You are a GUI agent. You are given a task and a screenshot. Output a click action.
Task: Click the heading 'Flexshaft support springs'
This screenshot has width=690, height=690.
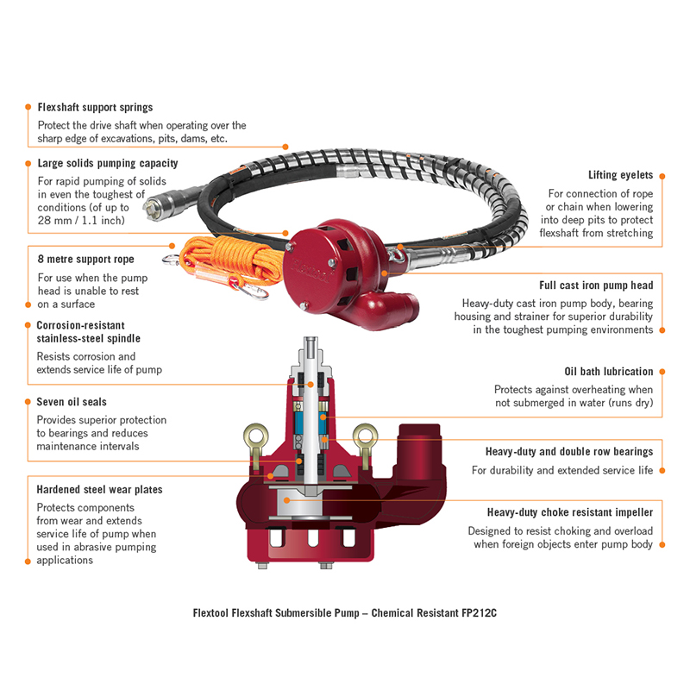pos(95,108)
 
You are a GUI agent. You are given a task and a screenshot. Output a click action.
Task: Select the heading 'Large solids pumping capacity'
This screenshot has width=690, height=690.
pos(108,163)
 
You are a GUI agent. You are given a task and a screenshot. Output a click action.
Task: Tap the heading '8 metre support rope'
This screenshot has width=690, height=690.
pos(85,259)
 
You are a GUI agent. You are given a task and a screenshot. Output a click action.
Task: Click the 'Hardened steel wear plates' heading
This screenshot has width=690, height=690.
pos(99,489)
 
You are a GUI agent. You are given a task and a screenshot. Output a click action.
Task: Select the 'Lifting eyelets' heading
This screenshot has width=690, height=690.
pos(620,175)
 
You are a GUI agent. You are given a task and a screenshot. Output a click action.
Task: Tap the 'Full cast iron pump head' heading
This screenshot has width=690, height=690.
pos(596,285)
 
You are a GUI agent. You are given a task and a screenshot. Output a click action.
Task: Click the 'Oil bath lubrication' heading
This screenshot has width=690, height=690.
pos(608,372)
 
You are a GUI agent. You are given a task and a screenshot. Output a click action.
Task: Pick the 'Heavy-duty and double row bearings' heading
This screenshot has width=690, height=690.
pos(569,451)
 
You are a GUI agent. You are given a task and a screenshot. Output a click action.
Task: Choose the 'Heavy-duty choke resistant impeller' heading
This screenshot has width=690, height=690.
pos(569,511)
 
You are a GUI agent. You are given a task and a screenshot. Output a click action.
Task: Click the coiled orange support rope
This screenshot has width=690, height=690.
pos(216,259)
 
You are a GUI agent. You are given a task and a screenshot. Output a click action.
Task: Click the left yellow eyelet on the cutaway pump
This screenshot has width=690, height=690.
pos(254,431)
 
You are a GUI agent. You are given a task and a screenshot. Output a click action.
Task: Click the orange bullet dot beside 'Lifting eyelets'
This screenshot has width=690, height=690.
pos(664,175)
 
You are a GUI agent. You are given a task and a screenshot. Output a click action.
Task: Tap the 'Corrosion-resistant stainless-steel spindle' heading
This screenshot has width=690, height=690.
pos(88,332)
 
